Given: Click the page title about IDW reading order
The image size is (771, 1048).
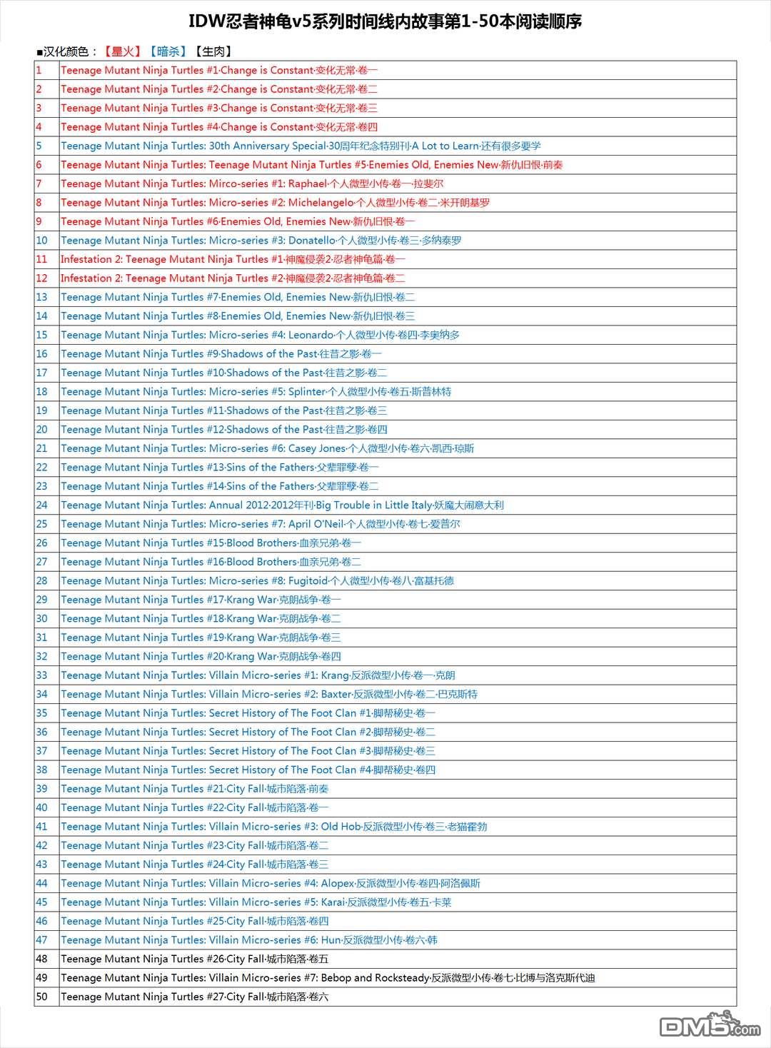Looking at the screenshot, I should (385, 22).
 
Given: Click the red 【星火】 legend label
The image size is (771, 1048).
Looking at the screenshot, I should (122, 51).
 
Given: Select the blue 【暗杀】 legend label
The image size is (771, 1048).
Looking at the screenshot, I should (168, 51).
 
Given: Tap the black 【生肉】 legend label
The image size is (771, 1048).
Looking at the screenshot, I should (213, 51).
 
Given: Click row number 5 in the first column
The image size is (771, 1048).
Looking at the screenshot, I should (39, 146).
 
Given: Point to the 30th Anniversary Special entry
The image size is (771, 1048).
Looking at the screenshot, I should (301, 146).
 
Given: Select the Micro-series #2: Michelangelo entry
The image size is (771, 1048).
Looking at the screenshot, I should (275, 203).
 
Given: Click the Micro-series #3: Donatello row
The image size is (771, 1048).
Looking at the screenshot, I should (261, 241).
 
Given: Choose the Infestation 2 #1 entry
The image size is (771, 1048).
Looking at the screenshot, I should (233, 259).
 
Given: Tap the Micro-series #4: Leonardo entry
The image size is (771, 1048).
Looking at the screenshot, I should (260, 335).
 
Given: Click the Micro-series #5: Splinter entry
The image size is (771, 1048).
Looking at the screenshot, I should (256, 392).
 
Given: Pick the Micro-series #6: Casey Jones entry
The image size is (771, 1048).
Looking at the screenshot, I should (267, 448).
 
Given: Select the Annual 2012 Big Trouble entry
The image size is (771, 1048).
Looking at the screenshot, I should (282, 505).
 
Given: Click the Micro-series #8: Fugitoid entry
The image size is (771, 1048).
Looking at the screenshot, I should (257, 581).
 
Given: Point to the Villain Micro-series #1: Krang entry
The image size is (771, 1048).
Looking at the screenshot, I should (258, 675).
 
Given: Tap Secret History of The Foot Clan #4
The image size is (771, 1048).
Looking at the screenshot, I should (248, 770).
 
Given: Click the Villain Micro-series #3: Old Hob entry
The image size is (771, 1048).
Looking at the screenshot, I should (274, 827).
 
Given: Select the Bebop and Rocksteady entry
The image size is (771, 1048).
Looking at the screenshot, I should (328, 978).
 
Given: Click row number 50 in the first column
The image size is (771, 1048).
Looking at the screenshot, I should (42, 997).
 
